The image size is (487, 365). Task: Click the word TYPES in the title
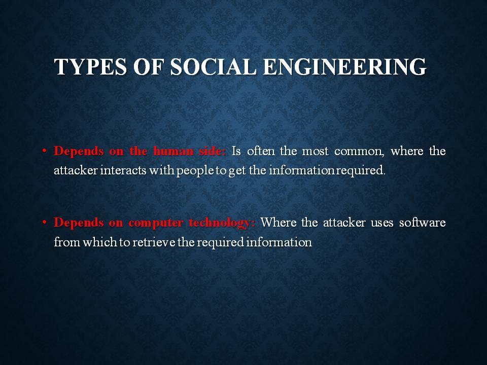(x=90, y=67)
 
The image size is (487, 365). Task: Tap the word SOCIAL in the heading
(x=214, y=67)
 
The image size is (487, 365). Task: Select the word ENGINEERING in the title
(x=345, y=67)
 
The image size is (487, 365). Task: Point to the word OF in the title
(x=149, y=67)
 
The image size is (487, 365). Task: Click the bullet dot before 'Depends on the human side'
(x=45, y=151)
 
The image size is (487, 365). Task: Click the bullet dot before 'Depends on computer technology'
(x=45, y=223)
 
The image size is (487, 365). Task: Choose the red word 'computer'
(x=156, y=223)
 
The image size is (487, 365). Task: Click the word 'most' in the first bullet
(x=315, y=152)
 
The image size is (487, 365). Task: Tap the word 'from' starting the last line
(x=67, y=242)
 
